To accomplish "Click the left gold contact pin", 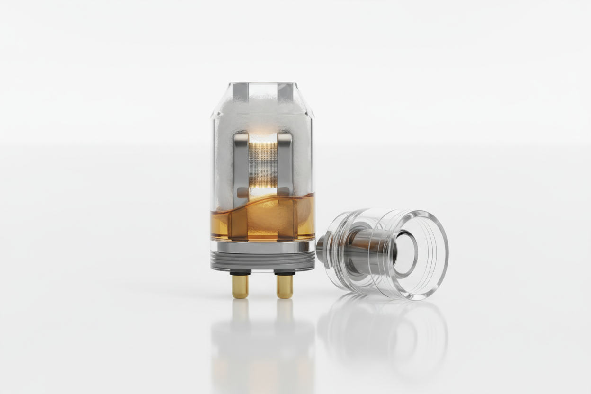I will point(240,287).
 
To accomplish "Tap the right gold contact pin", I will point(285,287).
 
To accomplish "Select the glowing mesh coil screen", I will point(263,164).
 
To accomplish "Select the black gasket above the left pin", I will point(240,273).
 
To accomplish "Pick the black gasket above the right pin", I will point(285,273).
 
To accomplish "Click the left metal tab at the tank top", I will point(241,92).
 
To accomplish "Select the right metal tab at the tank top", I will point(285,92).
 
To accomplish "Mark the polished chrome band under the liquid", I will point(263,247).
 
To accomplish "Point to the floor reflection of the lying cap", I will point(384,331).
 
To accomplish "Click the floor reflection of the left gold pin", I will point(240,310).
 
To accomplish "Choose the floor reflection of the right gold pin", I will point(285,310).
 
